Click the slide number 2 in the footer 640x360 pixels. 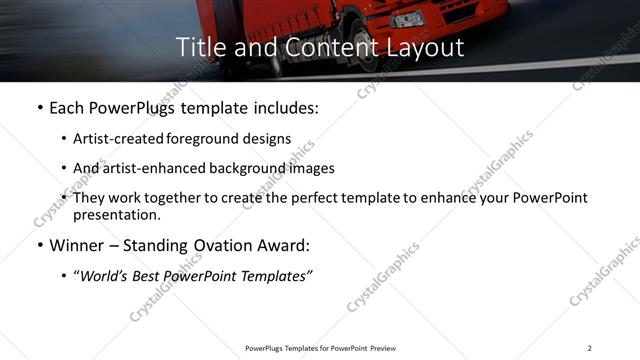coord(589,348)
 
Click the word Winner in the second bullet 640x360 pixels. coord(77,246)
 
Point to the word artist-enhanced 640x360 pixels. coord(147,168)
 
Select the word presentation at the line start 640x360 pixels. coord(116,214)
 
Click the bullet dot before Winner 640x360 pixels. coord(39,246)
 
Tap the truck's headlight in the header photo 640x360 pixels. coord(407,19)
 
